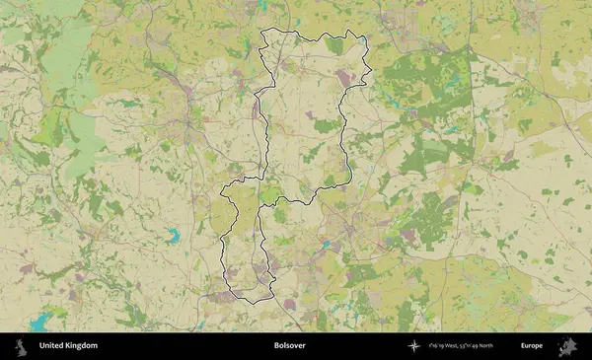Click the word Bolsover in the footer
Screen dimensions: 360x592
tap(290, 346)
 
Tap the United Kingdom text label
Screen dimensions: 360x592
tap(68, 346)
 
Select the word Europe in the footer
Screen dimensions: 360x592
tap(532, 346)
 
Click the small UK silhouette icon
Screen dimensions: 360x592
tap(20, 346)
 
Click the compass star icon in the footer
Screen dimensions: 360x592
tap(413, 346)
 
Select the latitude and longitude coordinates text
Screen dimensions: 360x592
tap(462, 346)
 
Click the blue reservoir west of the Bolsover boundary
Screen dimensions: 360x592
tap(174, 236)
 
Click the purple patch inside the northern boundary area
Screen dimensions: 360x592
tap(342, 76)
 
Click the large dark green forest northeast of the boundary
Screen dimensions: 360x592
tap(434, 79)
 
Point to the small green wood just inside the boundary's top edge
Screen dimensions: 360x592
tap(334, 45)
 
